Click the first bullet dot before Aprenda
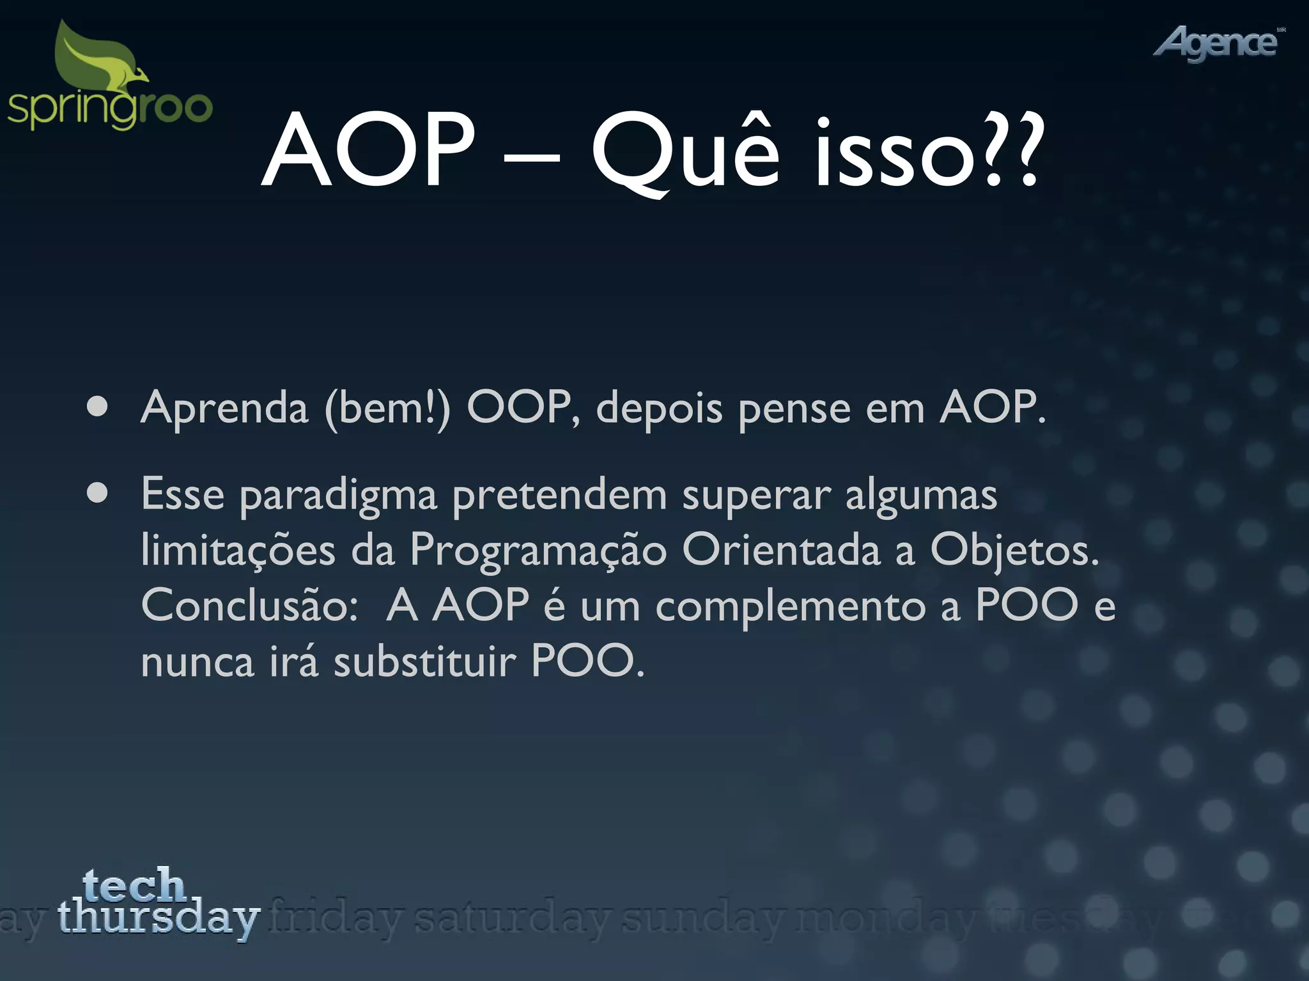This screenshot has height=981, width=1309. point(97,407)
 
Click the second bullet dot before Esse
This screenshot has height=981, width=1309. point(97,493)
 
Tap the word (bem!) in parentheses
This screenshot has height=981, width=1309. point(387,407)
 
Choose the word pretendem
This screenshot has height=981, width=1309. point(559,495)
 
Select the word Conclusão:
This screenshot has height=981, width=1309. point(249,605)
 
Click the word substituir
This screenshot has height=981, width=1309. point(424,662)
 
